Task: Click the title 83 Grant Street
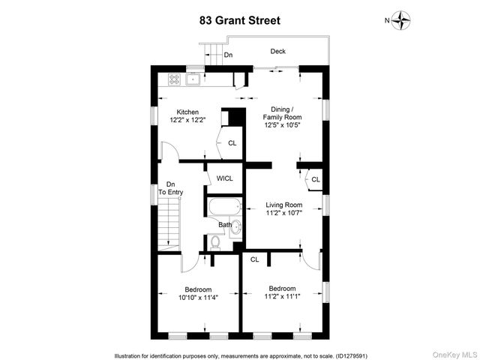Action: (x=240, y=21)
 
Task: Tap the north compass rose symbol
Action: (x=403, y=20)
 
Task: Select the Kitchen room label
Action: (x=187, y=112)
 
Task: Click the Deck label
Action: (x=278, y=52)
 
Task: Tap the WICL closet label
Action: (x=224, y=178)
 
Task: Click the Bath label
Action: (x=225, y=224)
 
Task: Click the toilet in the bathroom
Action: (x=215, y=241)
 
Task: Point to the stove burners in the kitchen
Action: (x=173, y=77)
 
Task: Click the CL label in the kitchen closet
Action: (x=232, y=143)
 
